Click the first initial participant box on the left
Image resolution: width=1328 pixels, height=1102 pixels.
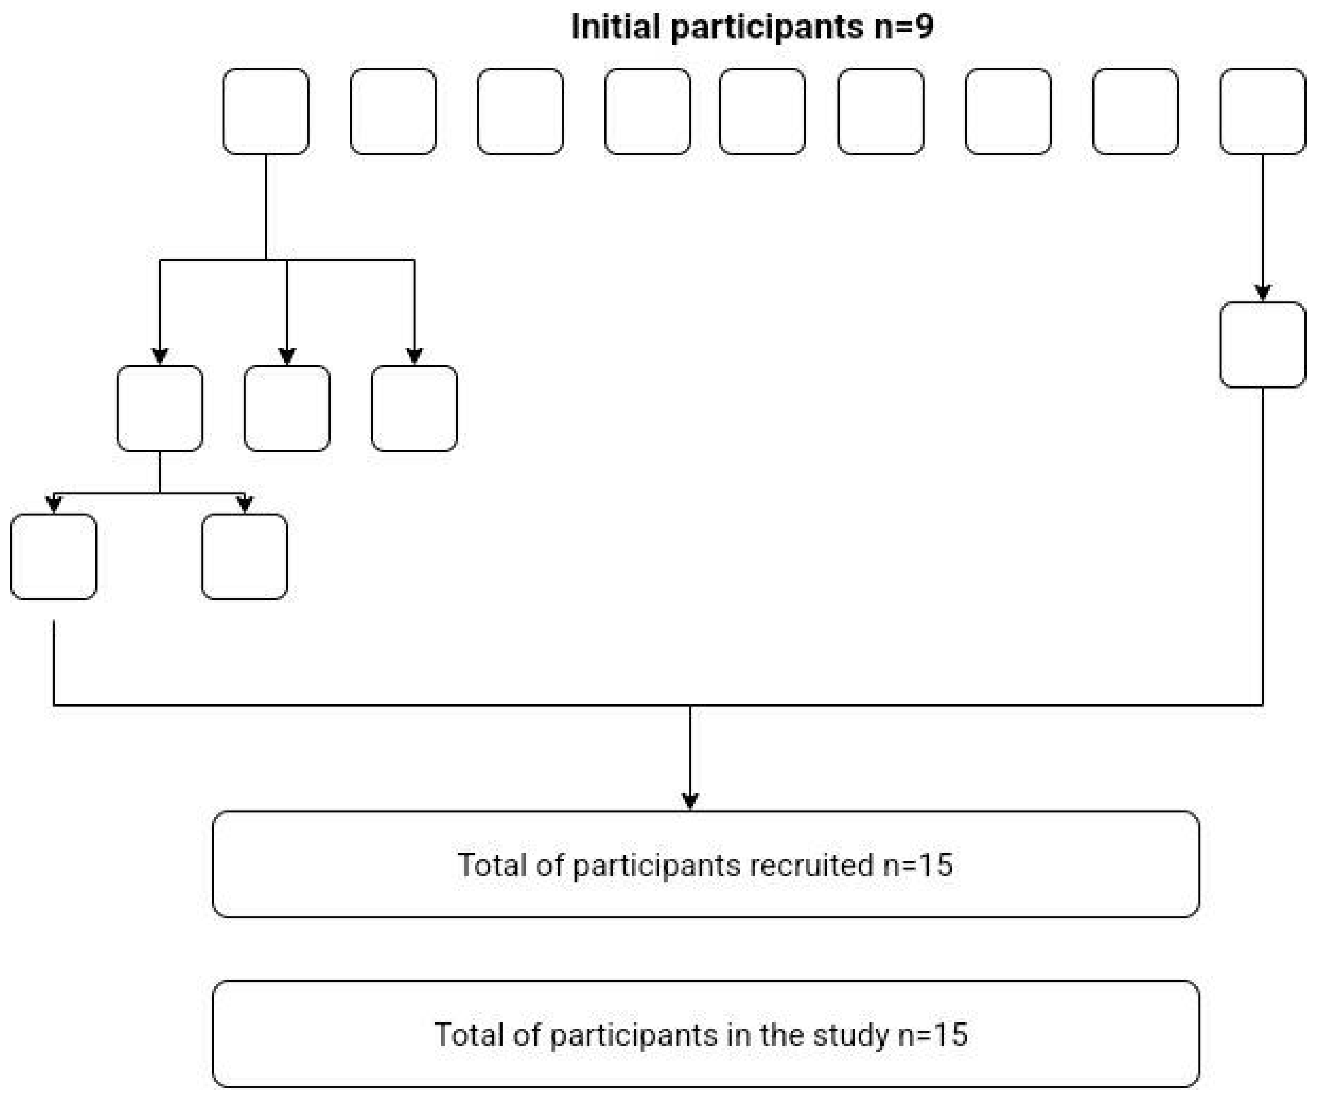click(266, 111)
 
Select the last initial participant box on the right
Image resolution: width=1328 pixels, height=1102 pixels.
click(1262, 111)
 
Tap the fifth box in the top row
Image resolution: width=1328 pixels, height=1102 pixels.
click(762, 111)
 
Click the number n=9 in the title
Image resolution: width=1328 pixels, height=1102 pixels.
click(904, 27)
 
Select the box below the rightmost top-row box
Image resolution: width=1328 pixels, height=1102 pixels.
click(1262, 345)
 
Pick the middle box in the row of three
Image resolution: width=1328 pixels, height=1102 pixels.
click(287, 408)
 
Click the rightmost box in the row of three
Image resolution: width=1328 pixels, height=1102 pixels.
click(414, 408)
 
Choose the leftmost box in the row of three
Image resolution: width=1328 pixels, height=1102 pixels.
click(159, 408)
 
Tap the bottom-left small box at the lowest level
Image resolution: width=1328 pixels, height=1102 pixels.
click(54, 557)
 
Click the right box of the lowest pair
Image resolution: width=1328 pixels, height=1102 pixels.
click(245, 557)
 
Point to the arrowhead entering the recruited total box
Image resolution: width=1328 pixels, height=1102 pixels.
click(690, 801)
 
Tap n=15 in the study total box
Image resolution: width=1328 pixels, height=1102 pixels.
click(933, 1035)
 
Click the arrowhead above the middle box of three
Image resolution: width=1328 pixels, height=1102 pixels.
click(287, 356)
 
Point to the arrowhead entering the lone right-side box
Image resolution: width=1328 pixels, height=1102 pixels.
click(1262, 293)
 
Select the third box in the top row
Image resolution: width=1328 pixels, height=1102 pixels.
click(520, 111)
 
